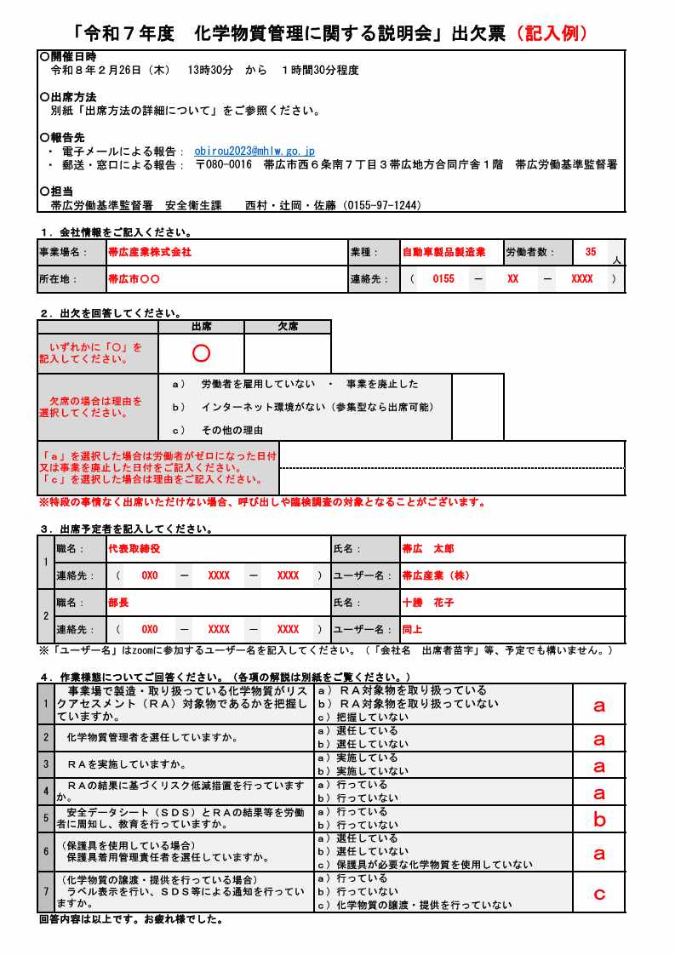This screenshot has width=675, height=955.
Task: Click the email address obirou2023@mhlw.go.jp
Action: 255,152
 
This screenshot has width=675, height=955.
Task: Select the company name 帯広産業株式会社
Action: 150,252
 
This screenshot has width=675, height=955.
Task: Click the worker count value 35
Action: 591,252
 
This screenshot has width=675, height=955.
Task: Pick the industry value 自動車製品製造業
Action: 443,252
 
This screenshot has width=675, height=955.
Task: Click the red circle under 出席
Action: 201,352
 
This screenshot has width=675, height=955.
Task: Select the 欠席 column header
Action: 288,327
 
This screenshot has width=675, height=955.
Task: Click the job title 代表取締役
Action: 134,549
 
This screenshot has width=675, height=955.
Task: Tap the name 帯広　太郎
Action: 428,549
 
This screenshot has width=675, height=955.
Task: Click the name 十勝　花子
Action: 428,602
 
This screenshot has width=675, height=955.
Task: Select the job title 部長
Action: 118,602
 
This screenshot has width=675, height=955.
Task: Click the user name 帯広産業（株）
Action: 436,575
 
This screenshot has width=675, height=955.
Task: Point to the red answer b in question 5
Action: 599,820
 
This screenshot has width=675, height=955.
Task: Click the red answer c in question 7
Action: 599,893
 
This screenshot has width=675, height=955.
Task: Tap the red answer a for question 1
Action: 599,705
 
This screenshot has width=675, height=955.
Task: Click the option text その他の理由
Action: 232,430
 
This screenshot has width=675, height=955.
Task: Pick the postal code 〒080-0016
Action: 224,164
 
